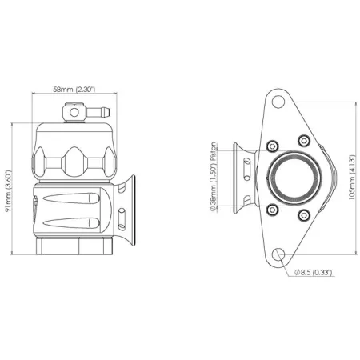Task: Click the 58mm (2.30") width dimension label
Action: (x=74, y=90)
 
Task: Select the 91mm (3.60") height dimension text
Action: (x=9, y=190)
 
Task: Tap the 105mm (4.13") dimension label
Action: (x=352, y=178)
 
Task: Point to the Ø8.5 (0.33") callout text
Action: (x=314, y=273)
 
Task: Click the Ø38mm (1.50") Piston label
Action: (x=213, y=177)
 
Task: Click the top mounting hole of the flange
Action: (x=278, y=102)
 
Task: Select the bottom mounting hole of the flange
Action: (x=278, y=254)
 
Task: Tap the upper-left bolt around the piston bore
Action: (x=272, y=146)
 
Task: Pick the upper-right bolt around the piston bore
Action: (x=304, y=141)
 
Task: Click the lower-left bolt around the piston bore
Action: (x=272, y=210)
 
